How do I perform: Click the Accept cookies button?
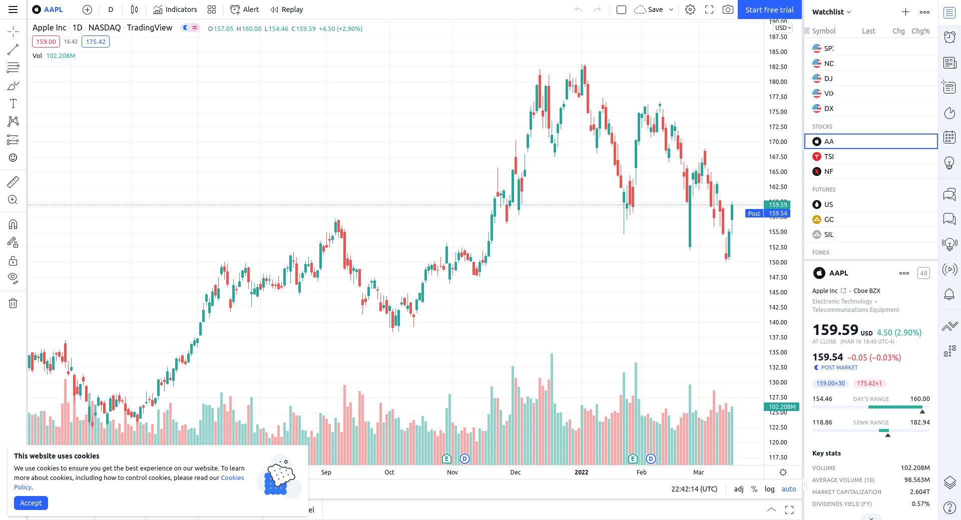point(31,503)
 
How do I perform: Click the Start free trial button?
point(769,10)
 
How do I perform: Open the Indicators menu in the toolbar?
point(175,10)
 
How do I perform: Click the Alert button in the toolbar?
point(245,10)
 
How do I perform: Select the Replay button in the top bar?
point(287,10)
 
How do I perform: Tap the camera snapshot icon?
point(728,10)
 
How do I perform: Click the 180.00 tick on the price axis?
point(778,82)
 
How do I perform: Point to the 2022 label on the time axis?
point(581,472)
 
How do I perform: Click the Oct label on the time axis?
point(389,472)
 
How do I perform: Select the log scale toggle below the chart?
point(769,489)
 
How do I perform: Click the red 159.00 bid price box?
point(46,42)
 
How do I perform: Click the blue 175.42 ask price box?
point(96,42)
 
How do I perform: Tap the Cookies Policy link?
point(232,478)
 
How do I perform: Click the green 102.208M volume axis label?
point(782,407)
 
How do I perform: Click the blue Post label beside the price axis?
point(754,214)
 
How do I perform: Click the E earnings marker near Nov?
point(446,458)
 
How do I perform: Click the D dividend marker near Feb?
point(651,458)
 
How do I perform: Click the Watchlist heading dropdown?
point(831,12)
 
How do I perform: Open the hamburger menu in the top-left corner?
point(13,10)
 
